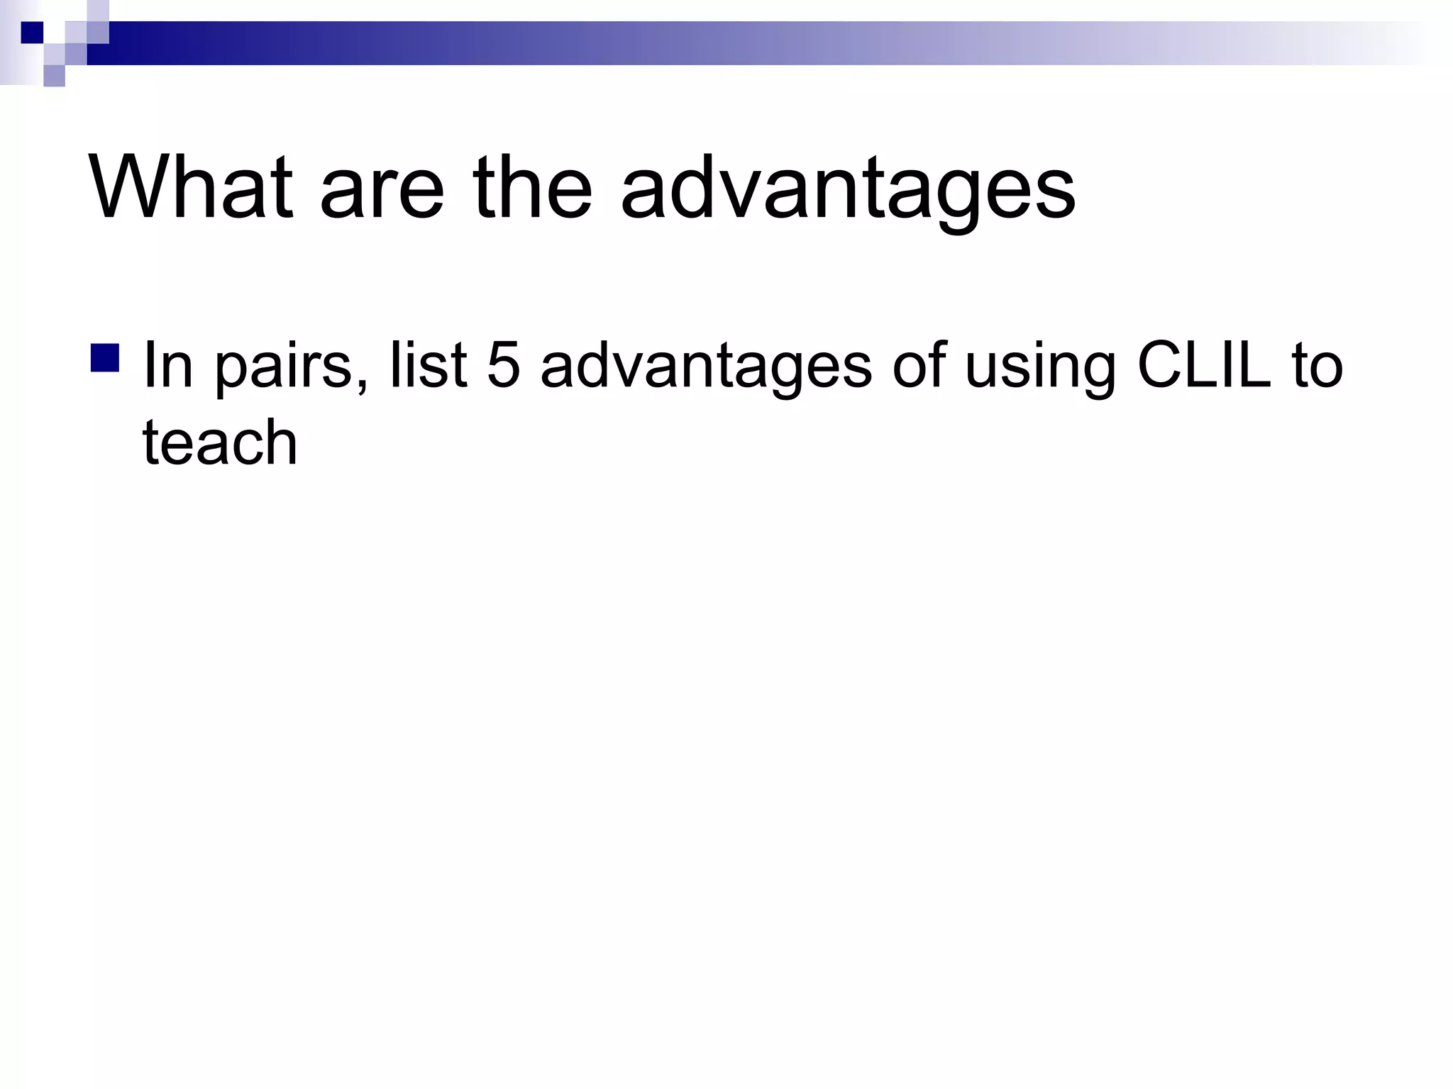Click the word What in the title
[190, 188]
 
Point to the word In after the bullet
[168, 366]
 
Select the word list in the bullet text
[428, 366]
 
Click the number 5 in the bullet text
[503, 366]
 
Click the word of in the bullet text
[919, 366]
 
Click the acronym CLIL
[1203, 366]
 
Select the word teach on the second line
[220, 442]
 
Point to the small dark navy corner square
[32, 33]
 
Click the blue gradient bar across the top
[709, 43]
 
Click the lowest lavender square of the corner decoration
[54, 76]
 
